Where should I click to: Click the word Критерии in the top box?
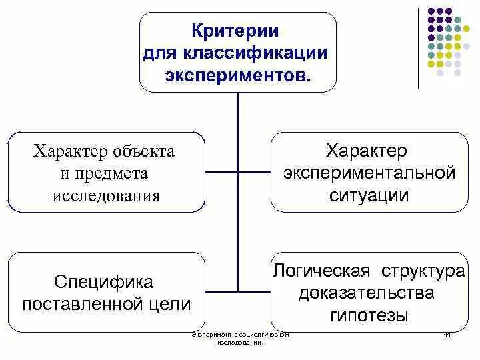(x=237, y=31)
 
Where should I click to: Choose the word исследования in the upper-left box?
(x=106, y=195)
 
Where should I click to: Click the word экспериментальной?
(x=369, y=173)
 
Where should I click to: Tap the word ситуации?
(x=369, y=196)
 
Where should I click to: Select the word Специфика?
(x=106, y=282)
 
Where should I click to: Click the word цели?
(x=173, y=304)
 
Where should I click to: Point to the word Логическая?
(x=321, y=272)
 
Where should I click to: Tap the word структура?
(x=423, y=272)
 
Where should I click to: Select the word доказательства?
(x=367, y=293)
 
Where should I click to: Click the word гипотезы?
(x=369, y=315)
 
